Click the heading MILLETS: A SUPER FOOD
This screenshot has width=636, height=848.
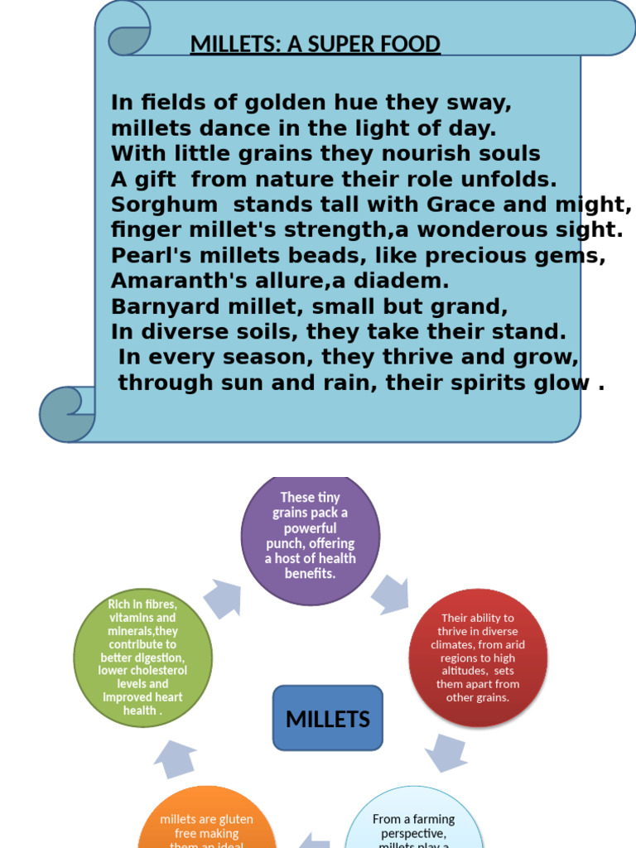click(x=315, y=44)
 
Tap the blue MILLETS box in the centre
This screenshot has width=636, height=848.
click(x=328, y=719)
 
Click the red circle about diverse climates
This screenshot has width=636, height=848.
click(x=478, y=658)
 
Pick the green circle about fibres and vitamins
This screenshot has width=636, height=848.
click(x=143, y=658)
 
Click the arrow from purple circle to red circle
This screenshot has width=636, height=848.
click(x=390, y=594)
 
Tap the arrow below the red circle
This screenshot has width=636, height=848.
click(x=446, y=752)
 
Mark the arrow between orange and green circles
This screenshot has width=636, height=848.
click(x=174, y=759)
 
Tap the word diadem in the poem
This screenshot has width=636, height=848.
click(x=401, y=281)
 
